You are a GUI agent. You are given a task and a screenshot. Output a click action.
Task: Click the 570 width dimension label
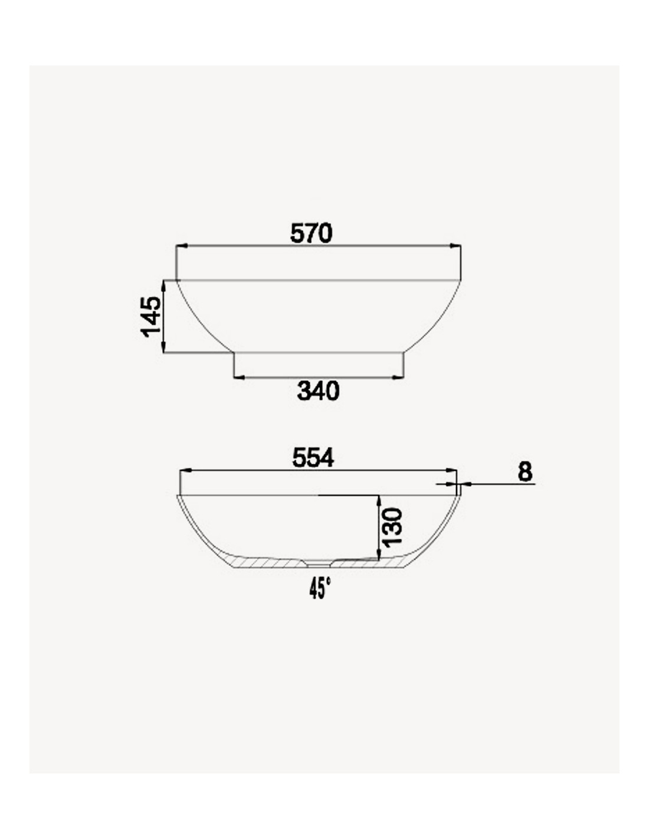pyautogui.click(x=311, y=233)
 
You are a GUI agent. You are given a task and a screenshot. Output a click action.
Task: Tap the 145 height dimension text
pyautogui.click(x=152, y=317)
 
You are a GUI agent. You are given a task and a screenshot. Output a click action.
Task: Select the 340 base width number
pyautogui.click(x=318, y=391)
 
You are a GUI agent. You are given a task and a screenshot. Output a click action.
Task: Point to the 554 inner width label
pyautogui.click(x=313, y=458)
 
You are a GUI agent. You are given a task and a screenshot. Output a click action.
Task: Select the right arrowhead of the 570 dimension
pyautogui.click(x=455, y=245)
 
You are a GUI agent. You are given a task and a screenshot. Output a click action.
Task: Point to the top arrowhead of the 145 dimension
pyautogui.click(x=163, y=286)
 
